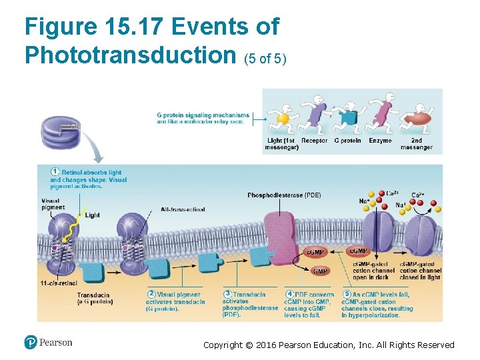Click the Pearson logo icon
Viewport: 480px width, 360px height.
[x=30, y=343]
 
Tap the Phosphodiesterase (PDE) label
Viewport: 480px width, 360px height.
[x=284, y=195]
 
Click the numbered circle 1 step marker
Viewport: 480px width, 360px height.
[x=55, y=173]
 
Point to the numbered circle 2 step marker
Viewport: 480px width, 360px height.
[x=151, y=294]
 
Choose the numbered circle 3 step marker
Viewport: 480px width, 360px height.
[x=227, y=294]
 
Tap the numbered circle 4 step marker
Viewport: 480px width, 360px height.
[x=289, y=294]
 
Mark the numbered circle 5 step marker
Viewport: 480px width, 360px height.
[x=347, y=294]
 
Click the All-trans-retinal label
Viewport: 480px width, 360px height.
[x=183, y=209]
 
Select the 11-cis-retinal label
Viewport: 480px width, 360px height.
[x=59, y=283]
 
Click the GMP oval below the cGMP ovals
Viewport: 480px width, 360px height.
[x=320, y=271]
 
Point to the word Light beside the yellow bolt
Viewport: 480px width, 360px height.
[x=92, y=215]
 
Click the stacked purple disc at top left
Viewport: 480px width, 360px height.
[x=61, y=133]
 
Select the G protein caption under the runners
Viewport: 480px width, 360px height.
[x=347, y=141]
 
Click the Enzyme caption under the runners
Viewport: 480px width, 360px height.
[x=380, y=141]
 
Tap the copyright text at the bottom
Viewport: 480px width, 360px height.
[x=329, y=345]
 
